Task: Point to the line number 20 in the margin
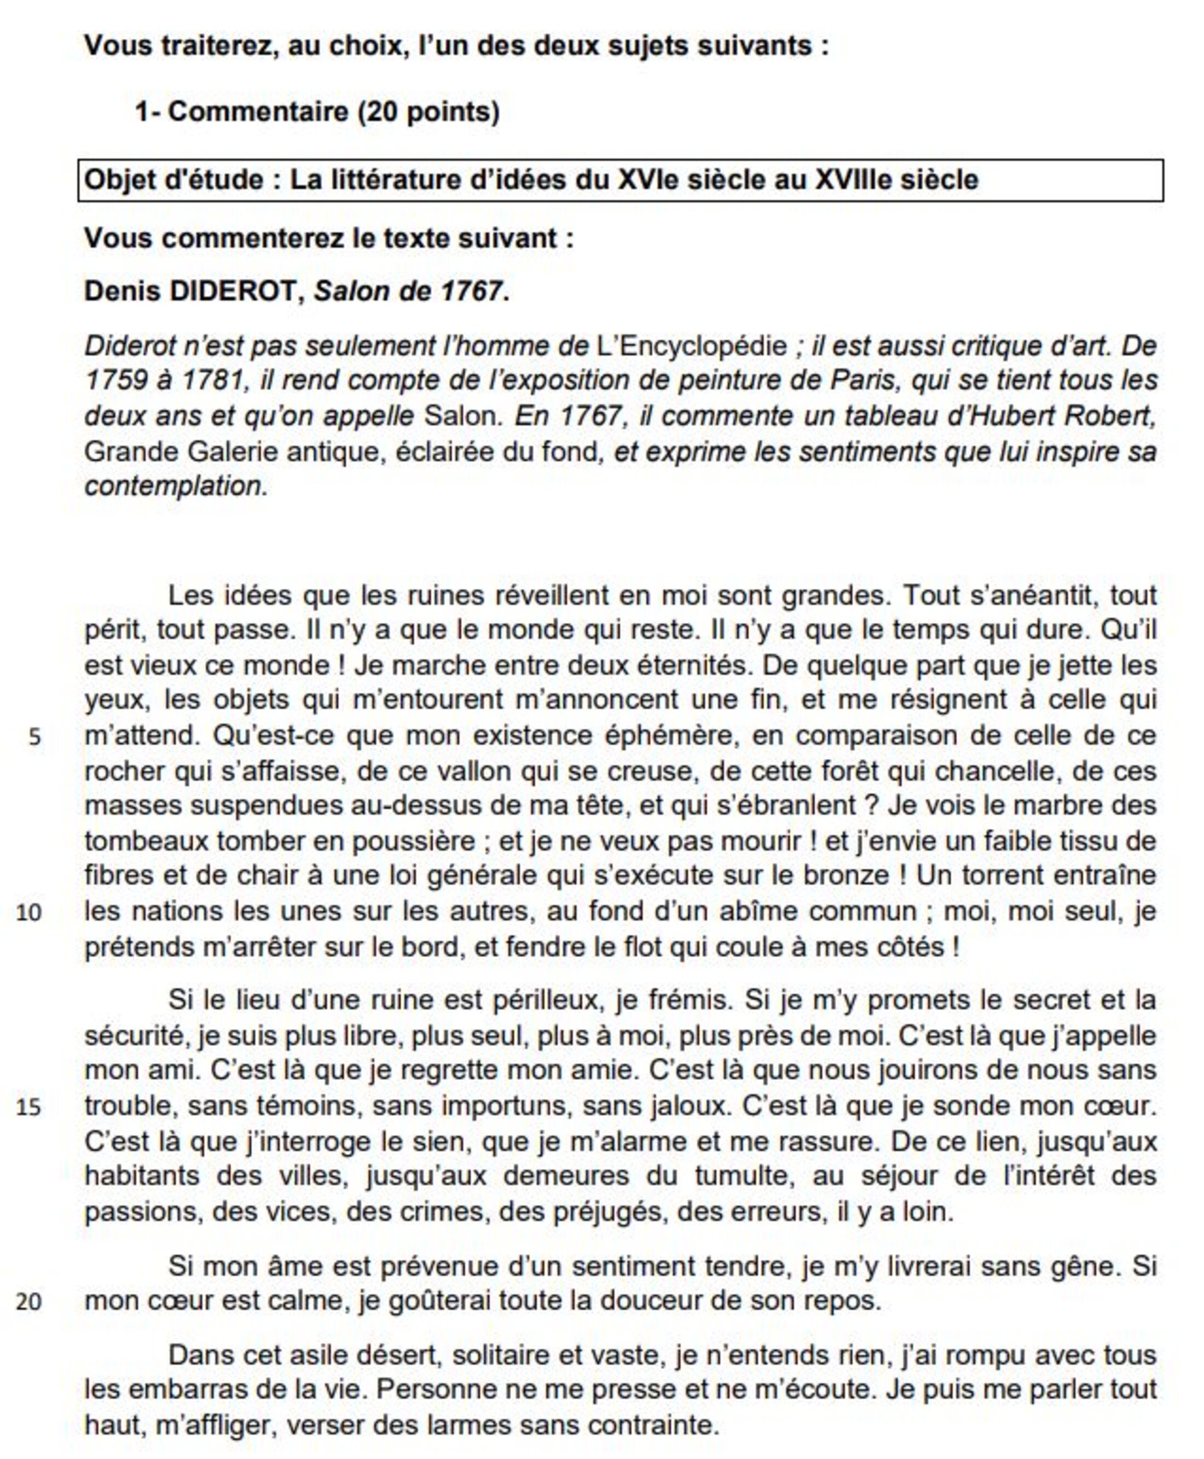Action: [x=28, y=1301]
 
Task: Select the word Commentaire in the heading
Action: [x=258, y=112]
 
